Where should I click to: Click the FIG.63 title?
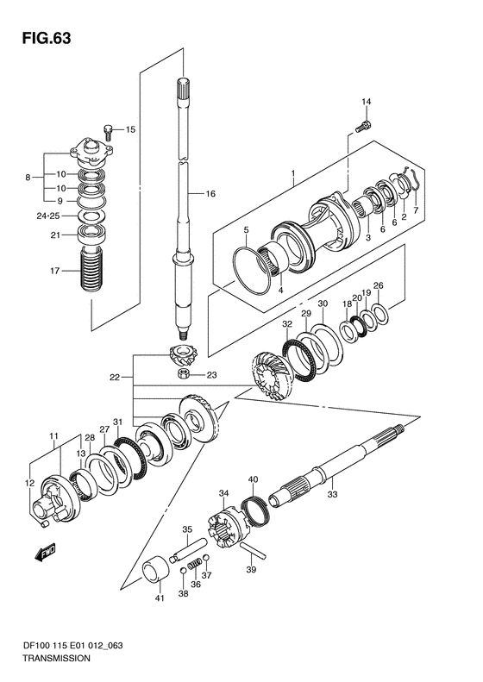(46, 38)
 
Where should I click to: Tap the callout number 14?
(366, 102)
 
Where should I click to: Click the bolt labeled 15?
(109, 131)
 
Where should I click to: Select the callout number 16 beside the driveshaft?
(210, 193)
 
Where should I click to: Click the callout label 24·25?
(47, 216)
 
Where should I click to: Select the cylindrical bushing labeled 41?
(156, 568)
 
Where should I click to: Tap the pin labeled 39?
(252, 550)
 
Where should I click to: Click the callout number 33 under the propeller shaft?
(332, 494)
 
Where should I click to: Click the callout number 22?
(114, 378)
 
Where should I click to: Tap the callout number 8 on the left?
(28, 178)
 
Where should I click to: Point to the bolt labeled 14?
(363, 127)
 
